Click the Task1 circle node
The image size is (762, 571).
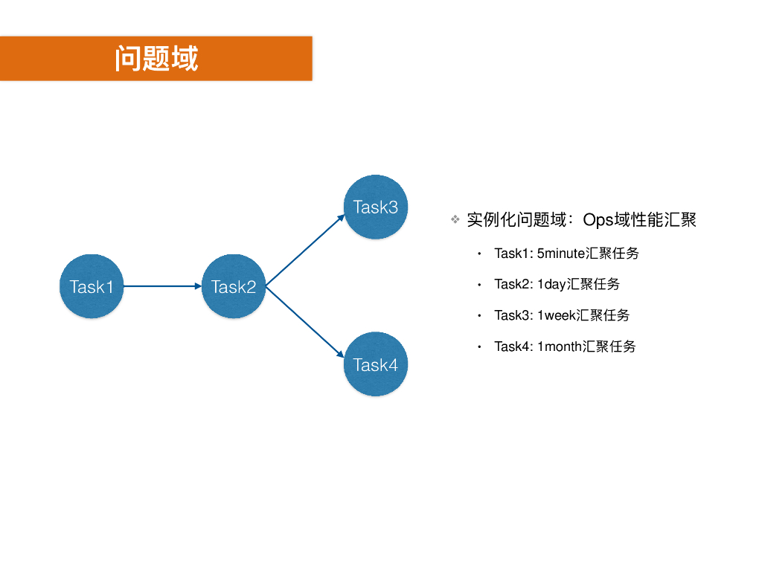(x=92, y=286)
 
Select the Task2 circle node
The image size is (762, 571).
(x=234, y=286)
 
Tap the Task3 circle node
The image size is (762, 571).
(x=376, y=207)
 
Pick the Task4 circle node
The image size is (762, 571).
(x=376, y=364)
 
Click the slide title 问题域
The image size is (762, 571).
(x=156, y=58)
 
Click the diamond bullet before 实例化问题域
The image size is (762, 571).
(x=455, y=220)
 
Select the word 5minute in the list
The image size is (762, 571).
(x=561, y=254)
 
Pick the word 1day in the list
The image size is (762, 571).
(x=551, y=284)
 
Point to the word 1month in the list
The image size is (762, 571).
(x=560, y=346)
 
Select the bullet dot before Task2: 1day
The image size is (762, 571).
(x=480, y=285)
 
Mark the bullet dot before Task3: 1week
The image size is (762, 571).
(x=480, y=316)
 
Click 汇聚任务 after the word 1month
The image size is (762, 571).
(x=609, y=346)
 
